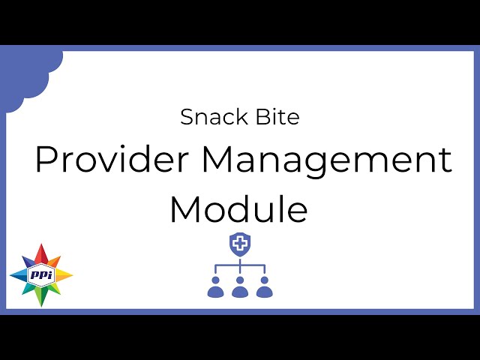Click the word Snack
pyautogui.click(x=214, y=117)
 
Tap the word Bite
pyautogui.click(x=277, y=116)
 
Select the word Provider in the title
pyautogui.click(x=112, y=159)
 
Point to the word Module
pyautogui.click(x=238, y=208)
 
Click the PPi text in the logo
pyautogui.click(x=41, y=274)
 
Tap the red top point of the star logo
pyautogui.click(x=41, y=253)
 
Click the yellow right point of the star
pyautogui.click(x=64, y=275)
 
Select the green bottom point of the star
pyautogui.click(x=41, y=296)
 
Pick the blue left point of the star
pyautogui.click(x=18, y=275)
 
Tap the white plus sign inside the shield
pyautogui.click(x=240, y=244)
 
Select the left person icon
pyautogui.click(x=215, y=287)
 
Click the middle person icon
pyautogui.click(x=240, y=287)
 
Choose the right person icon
pyautogui.click(x=265, y=287)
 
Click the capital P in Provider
pyautogui.click(x=45, y=159)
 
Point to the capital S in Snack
pyautogui.click(x=187, y=117)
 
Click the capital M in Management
pyautogui.click(x=217, y=159)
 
